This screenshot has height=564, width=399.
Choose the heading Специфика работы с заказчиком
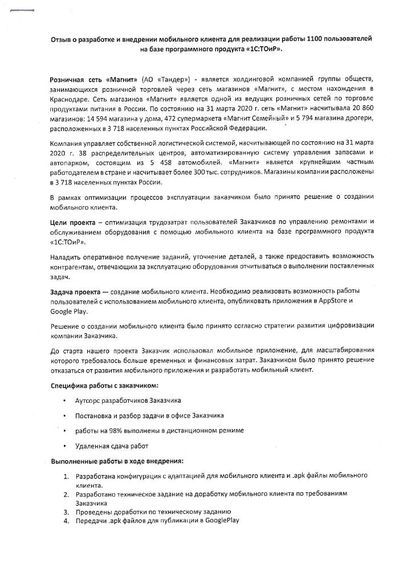pos(97,386)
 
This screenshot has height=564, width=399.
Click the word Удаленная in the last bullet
pos(92,445)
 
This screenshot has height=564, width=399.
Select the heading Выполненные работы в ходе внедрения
pos(116,460)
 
